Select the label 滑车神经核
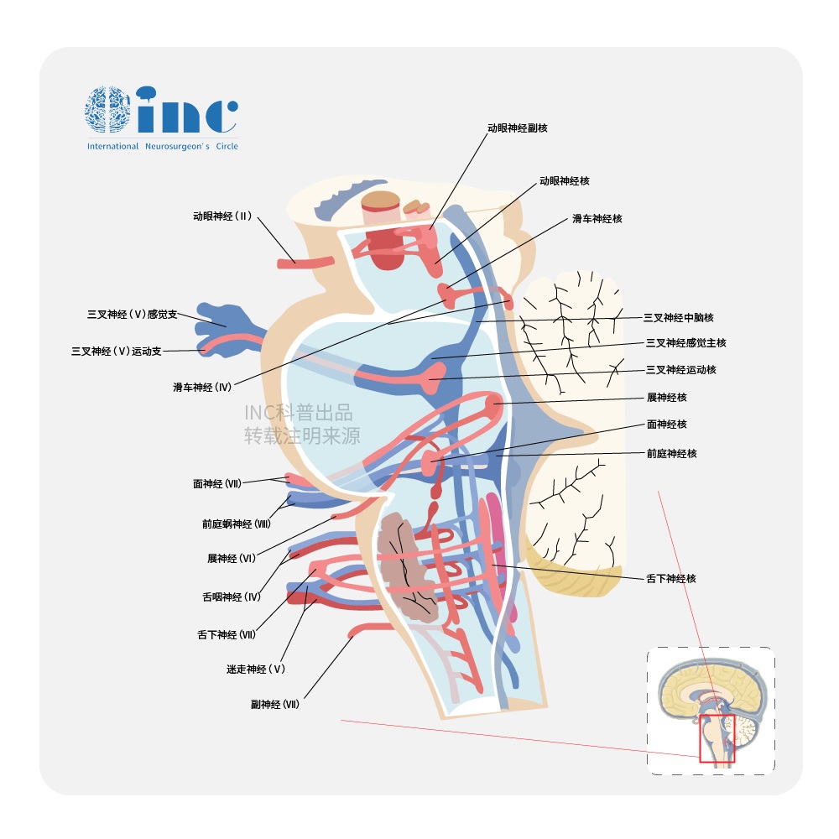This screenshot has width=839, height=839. pos(597,218)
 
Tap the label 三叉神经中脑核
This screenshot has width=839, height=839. pos(678,317)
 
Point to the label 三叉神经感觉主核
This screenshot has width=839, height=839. pos(685,342)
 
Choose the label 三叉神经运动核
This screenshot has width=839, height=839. pos(680,369)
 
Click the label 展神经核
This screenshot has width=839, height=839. pos(666,397)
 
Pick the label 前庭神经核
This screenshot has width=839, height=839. pos(671,453)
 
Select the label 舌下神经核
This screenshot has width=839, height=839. pos(670,578)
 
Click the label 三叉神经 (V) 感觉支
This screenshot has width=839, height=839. pos(133,315)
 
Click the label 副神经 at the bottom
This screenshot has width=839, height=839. pos(274,704)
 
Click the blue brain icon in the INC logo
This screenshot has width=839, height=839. pos(107,109)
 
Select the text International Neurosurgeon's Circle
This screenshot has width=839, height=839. pos(162,146)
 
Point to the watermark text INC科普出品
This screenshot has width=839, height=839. pos(298,413)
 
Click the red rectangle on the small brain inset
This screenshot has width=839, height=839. pos(717,738)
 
